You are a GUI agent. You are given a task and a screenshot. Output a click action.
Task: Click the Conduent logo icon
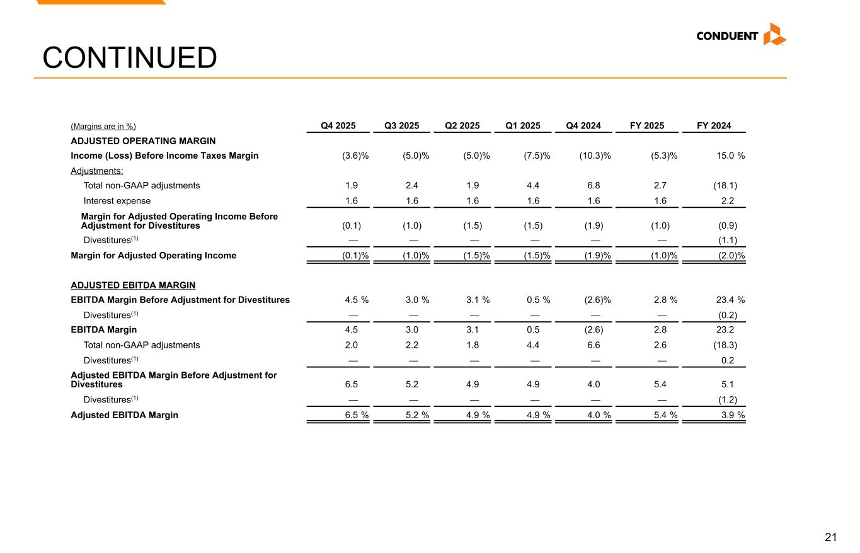(774, 35)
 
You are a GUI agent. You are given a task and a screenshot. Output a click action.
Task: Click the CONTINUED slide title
(130, 58)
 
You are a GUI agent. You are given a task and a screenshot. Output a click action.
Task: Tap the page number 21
(831, 537)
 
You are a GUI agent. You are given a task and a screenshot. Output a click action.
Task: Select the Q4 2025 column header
(338, 126)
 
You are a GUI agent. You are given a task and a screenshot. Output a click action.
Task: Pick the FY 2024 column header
(714, 126)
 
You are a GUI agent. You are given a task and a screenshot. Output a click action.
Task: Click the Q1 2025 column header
(523, 126)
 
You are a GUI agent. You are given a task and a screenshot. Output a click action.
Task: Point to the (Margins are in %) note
(103, 127)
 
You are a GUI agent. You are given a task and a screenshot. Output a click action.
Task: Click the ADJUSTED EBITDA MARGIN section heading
(133, 285)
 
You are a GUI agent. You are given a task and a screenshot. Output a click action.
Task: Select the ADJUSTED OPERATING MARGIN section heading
(143, 141)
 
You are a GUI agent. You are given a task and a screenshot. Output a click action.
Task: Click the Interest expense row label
(117, 201)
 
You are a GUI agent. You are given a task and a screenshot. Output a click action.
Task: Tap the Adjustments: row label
(97, 171)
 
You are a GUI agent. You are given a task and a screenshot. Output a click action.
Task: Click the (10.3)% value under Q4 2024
(595, 156)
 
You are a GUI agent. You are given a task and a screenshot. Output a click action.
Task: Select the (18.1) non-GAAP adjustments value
(724, 185)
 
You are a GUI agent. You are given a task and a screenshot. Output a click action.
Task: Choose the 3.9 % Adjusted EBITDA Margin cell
(732, 415)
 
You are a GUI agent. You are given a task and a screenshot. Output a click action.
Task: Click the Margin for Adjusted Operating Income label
(153, 256)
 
